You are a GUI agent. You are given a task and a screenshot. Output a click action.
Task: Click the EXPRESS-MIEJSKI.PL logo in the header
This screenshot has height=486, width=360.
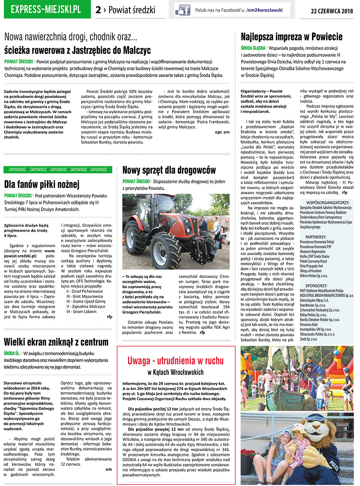pos(46,10)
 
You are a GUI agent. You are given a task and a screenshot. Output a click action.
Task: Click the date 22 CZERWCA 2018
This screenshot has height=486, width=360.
pos(332,11)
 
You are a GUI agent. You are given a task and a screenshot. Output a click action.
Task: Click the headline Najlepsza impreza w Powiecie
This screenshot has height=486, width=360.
pos(292,37)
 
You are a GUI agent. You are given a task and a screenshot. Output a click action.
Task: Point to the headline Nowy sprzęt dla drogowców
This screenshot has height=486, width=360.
pos(169,170)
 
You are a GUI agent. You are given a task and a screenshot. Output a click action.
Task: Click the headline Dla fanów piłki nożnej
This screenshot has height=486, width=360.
pos(42,184)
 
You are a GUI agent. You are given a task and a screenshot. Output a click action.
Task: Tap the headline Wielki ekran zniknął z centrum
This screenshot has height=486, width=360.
pos(56,342)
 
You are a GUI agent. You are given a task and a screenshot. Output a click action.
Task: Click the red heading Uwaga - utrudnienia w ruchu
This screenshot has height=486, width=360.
pos(176,360)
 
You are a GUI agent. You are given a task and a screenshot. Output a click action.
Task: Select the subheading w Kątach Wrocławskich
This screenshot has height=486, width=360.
pos(176,372)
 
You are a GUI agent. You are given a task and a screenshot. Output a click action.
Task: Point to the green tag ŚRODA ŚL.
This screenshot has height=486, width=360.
pos(12,353)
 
